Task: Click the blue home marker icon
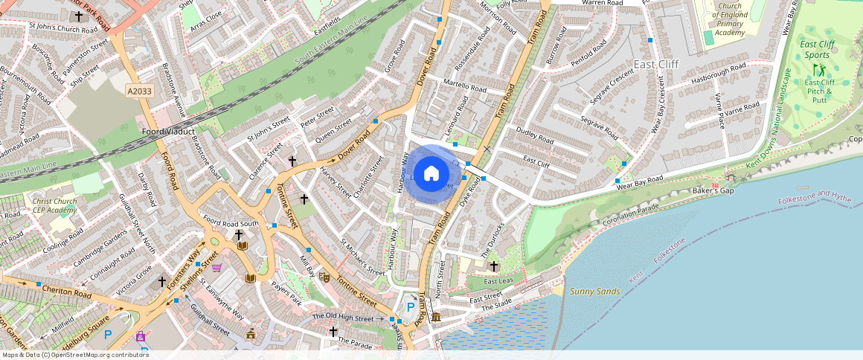pos(431,174)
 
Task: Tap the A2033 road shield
pos(139,91)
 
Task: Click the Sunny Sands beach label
pos(594,292)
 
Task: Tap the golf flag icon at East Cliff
pos(819,71)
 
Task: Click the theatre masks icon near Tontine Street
pos(324,276)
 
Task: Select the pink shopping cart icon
pos(216,268)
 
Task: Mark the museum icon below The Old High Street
pos(434,318)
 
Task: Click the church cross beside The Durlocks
pos(493,266)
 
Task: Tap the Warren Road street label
pos(602,3)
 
